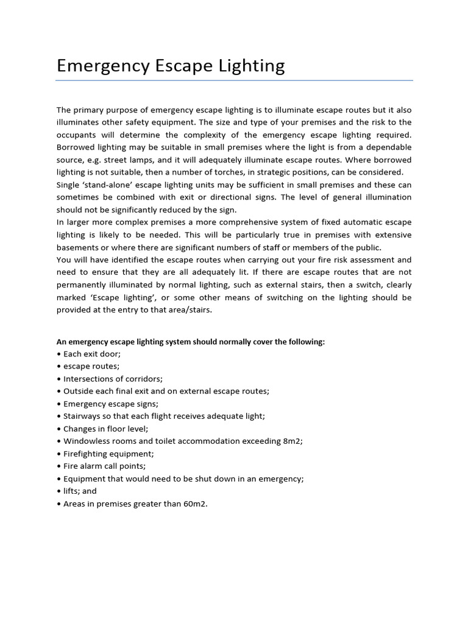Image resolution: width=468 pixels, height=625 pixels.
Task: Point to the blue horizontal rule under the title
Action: pyautogui.click(x=234, y=80)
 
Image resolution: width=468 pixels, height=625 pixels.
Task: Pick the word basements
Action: pyautogui.click(x=79, y=247)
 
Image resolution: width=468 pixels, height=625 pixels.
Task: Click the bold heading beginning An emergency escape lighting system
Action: pyautogui.click(x=191, y=342)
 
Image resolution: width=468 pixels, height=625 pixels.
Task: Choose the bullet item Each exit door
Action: pyautogui.click(x=88, y=354)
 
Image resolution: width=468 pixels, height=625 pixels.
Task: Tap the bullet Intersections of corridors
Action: pyautogui.click(x=110, y=378)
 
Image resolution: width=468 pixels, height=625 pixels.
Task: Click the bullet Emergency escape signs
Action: pyautogui.click(x=104, y=403)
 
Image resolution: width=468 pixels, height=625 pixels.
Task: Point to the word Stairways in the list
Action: pyautogui.click(x=83, y=416)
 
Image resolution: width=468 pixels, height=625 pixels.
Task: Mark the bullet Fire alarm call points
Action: pyautogui.click(x=101, y=466)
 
